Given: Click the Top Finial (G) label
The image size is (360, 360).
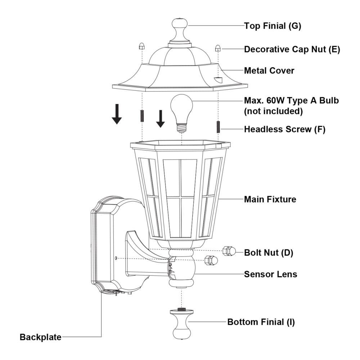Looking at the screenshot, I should point(273,26).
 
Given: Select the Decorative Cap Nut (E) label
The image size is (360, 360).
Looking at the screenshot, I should point(292,49).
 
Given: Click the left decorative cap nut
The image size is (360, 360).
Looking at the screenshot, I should point(141,46).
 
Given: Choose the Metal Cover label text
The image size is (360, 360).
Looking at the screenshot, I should point(269,71).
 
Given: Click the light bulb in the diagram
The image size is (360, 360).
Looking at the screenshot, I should point(181,110).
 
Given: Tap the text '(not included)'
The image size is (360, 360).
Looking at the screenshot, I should point(273,111).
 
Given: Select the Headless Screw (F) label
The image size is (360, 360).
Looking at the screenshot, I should point(284,130).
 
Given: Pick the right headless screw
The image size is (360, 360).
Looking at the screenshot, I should point(218,127).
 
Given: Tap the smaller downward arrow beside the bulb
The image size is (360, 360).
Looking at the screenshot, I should point(160,119).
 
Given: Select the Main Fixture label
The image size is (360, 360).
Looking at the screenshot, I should point(270,199).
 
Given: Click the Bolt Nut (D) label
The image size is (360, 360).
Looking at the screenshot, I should point(269,253).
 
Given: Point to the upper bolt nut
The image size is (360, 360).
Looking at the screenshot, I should point(229,251).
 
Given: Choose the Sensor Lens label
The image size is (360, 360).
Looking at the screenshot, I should point(270,274).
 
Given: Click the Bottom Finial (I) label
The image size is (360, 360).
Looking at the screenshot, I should point(261,322).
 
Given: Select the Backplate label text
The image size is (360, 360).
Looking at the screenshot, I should point(40,337).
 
